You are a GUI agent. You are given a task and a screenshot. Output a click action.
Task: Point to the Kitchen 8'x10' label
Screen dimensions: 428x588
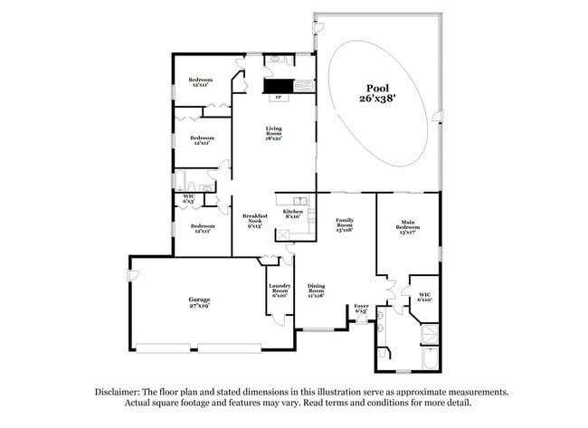293,213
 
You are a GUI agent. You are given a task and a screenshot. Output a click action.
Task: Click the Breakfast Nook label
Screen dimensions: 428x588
253,221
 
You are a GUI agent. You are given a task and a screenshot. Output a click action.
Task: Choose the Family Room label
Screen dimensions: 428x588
344,224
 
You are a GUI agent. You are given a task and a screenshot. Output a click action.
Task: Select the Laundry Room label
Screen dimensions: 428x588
279,291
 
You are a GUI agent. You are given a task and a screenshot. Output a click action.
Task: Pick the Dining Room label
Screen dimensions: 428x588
316,291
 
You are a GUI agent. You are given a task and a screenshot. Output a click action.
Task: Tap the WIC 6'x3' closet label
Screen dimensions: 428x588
188,197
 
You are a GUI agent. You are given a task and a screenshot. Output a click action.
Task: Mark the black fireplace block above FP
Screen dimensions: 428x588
278,86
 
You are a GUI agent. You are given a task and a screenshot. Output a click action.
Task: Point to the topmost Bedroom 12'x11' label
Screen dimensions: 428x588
199,82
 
